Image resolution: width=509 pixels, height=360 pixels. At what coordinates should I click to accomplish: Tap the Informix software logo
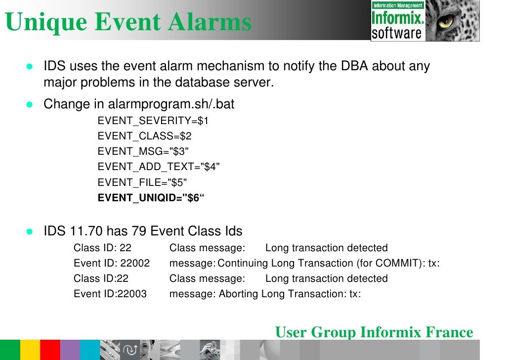tap(397, 20)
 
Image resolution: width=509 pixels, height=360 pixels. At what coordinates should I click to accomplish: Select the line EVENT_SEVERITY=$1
tap(153, 121)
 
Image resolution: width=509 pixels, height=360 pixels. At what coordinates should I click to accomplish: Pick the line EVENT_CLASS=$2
tap(144, 136)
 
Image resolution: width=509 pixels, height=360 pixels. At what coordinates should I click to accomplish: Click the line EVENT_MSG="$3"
tap(143, 152)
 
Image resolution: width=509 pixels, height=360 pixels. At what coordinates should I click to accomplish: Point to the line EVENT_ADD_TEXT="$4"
tap(159, 167)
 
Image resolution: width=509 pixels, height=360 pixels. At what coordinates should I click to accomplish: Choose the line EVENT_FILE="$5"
tap(142, 182)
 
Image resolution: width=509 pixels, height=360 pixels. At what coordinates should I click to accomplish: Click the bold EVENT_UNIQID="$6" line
tap(151, 198)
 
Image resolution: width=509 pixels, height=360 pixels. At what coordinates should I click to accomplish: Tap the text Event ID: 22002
tap(112, 263)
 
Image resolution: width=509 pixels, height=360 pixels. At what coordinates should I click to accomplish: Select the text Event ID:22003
tap(110, 294)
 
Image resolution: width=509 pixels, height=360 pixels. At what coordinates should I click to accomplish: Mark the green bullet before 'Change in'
tap(29, 105)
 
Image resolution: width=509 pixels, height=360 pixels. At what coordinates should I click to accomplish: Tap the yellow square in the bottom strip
tap(30, 350)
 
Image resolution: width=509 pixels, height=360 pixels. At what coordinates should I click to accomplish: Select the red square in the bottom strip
tap(50, 350)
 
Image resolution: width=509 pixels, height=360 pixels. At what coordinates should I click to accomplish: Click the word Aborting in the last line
tap(239, 294)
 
